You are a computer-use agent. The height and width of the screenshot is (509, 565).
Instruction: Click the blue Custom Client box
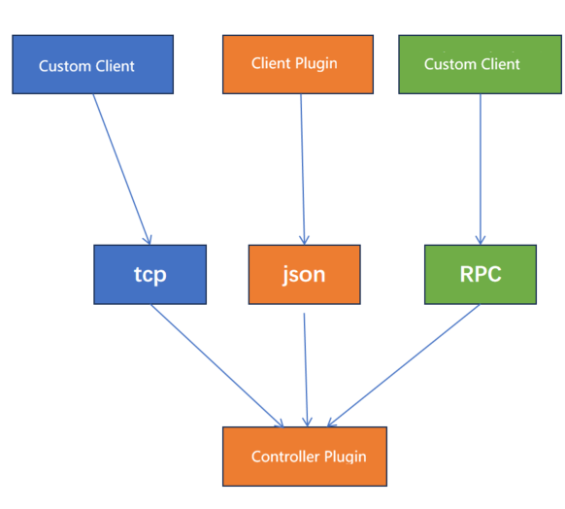92,65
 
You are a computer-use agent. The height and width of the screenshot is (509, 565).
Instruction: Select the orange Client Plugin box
297,64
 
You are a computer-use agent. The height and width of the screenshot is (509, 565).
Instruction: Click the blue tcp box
150,274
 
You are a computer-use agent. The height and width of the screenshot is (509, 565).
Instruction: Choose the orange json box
304,274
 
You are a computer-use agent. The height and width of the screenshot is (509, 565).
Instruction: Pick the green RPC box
480,274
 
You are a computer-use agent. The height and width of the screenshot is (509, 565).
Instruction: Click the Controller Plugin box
304,456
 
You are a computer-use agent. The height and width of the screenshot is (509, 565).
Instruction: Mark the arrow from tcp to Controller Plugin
216,365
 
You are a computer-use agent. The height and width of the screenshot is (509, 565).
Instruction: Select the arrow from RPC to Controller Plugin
405,365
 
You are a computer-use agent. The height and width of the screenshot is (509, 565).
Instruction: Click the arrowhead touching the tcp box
148,239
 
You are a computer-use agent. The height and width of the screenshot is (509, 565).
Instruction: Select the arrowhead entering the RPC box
480,240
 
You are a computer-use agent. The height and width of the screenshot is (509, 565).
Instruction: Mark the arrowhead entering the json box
305,240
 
